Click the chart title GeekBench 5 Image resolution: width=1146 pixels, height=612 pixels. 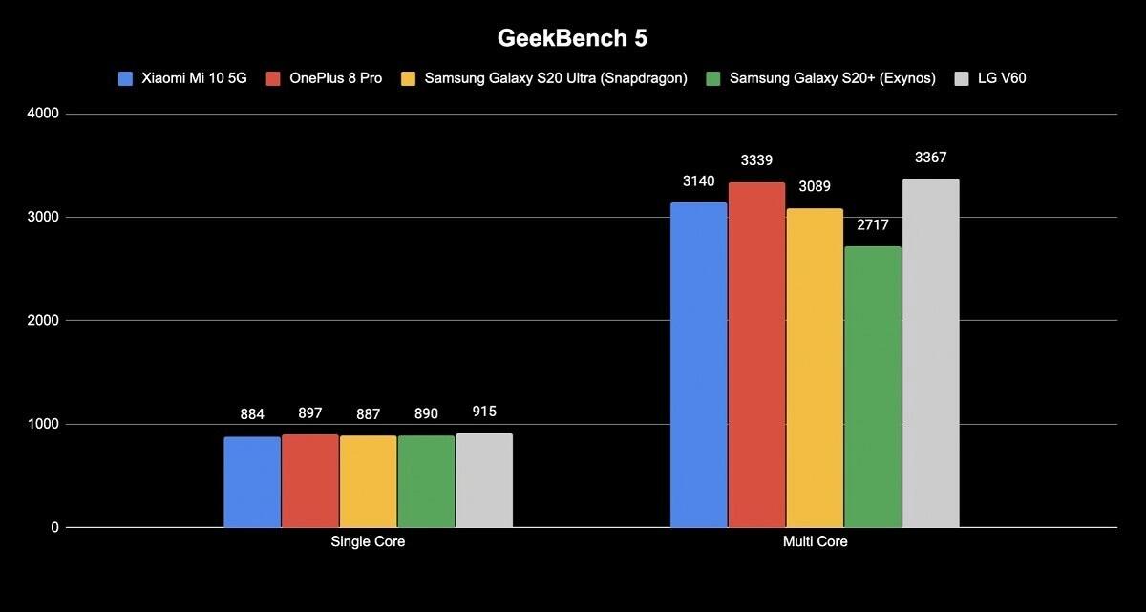pos(572,38)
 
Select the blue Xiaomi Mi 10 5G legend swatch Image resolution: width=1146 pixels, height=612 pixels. pos(125,78)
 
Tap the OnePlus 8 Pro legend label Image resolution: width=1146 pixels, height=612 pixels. pos(335,78)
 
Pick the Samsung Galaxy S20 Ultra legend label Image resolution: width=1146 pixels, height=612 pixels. pos(556,78)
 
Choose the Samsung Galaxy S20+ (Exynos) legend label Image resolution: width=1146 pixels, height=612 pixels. pos(832,78)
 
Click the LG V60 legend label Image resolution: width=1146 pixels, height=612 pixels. pos(1002,78)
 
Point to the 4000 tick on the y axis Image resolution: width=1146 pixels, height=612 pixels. pos(44,115)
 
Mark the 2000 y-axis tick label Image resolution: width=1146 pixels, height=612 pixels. pos(44,321)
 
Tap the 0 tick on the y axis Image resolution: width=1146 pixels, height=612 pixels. pos(55,527)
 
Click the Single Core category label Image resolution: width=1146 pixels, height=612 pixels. pos(368,542)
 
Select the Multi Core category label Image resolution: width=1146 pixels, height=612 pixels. pos(815,542)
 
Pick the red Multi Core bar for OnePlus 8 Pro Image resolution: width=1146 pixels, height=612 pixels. pos(756,354)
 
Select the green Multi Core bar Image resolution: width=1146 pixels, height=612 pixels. pos(873,387)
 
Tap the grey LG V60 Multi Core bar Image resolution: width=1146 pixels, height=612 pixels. pos(931,353)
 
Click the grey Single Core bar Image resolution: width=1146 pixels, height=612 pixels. pos(484,480)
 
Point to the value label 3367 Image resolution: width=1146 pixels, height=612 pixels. pos(931,158)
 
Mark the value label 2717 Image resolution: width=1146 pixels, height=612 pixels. pos(873,225)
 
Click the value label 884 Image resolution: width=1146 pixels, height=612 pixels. pos(252,414)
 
